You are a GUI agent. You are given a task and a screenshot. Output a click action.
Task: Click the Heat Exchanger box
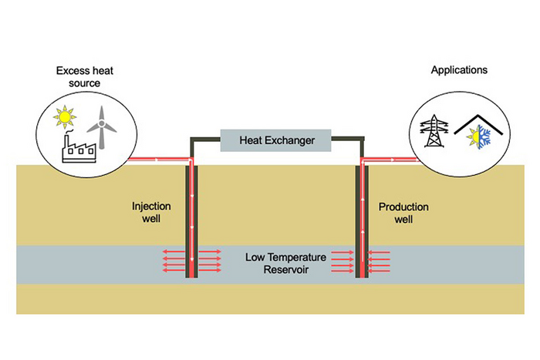pos(275,140)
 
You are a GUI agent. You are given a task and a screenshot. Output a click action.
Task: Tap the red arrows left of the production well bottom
pos(341,262)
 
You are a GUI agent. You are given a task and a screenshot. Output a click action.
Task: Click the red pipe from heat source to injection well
pos(154,160)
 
